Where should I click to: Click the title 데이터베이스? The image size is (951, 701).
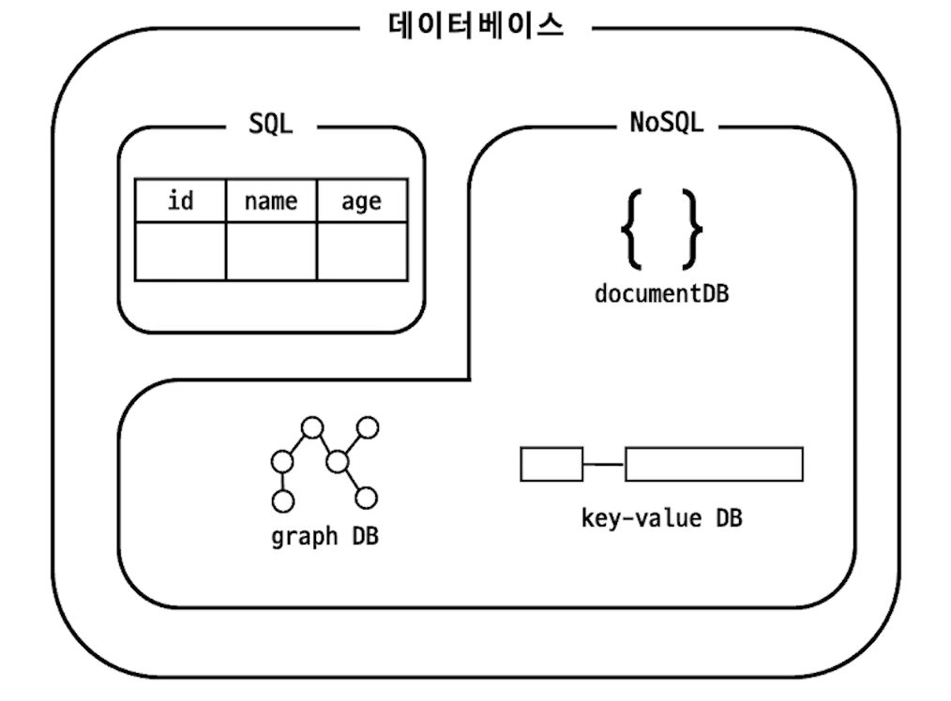(x=475, y=25)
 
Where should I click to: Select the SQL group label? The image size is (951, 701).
(x=271, y=124)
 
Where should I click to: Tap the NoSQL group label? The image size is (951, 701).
(x=666, y=124)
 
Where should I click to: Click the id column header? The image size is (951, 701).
(x=180, y=201)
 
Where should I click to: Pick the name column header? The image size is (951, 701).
(x=271, y=201)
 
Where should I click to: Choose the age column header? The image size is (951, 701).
(x=362, y=201)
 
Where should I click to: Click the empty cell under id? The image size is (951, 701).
(x=180, y=251)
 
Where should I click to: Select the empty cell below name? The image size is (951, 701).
(x=271, y=251)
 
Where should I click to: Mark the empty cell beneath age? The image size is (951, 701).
(x=362, y=251)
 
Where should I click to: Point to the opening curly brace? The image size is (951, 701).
(x=631, y=228)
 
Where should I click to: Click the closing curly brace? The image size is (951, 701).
(x=691, y=228)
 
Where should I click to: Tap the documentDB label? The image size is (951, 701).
(x=661, y=293)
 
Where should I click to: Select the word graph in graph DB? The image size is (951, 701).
(x=304, y=538)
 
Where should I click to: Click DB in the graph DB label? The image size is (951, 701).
(x=365, y=537)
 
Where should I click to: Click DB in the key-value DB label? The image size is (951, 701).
(x=729, y=517)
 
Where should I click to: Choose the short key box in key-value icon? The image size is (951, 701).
(x=551, y=464)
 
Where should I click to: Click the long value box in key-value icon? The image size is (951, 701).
(x=714, y=464)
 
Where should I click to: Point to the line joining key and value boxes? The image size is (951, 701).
(x=604, y=464)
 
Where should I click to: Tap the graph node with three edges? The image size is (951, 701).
(x=338, y=461)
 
